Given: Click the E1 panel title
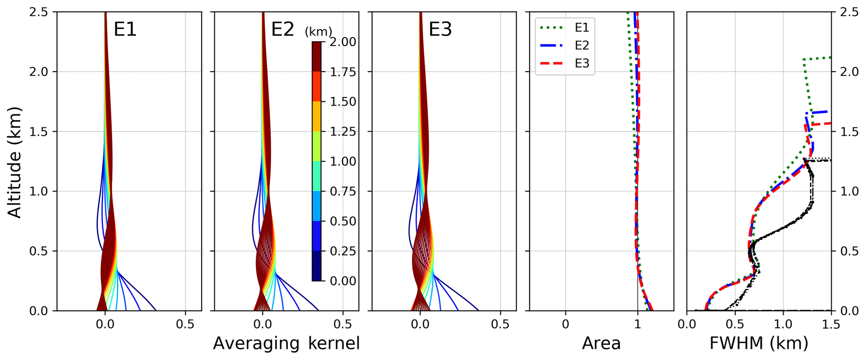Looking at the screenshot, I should click(125, 30).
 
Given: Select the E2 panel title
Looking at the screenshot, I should click(282, 30).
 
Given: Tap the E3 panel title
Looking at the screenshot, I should click(440, 30).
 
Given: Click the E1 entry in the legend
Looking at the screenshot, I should click(582, 28).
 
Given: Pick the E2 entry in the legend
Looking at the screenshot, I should click(582, 45).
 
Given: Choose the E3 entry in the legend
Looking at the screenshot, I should click(582, 63).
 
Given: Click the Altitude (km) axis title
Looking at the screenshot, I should click(15, 162).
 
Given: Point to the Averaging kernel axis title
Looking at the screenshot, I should click(286, 343).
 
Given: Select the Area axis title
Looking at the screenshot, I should click(601, 343).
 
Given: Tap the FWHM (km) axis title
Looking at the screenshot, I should click(759, 343).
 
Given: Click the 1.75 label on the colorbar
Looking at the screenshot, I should click(343, 72).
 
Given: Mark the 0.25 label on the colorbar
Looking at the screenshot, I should click(343, 251).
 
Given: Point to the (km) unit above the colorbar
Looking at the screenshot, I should click(318, 31).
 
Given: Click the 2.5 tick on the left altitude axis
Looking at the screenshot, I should click(39, 12).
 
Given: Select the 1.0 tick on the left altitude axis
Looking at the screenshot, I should click(39, 192).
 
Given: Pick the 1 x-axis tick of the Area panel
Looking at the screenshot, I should click(637, 324).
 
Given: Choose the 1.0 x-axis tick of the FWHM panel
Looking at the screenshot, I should click(783, 324).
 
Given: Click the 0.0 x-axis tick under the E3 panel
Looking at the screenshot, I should click(420, 324).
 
